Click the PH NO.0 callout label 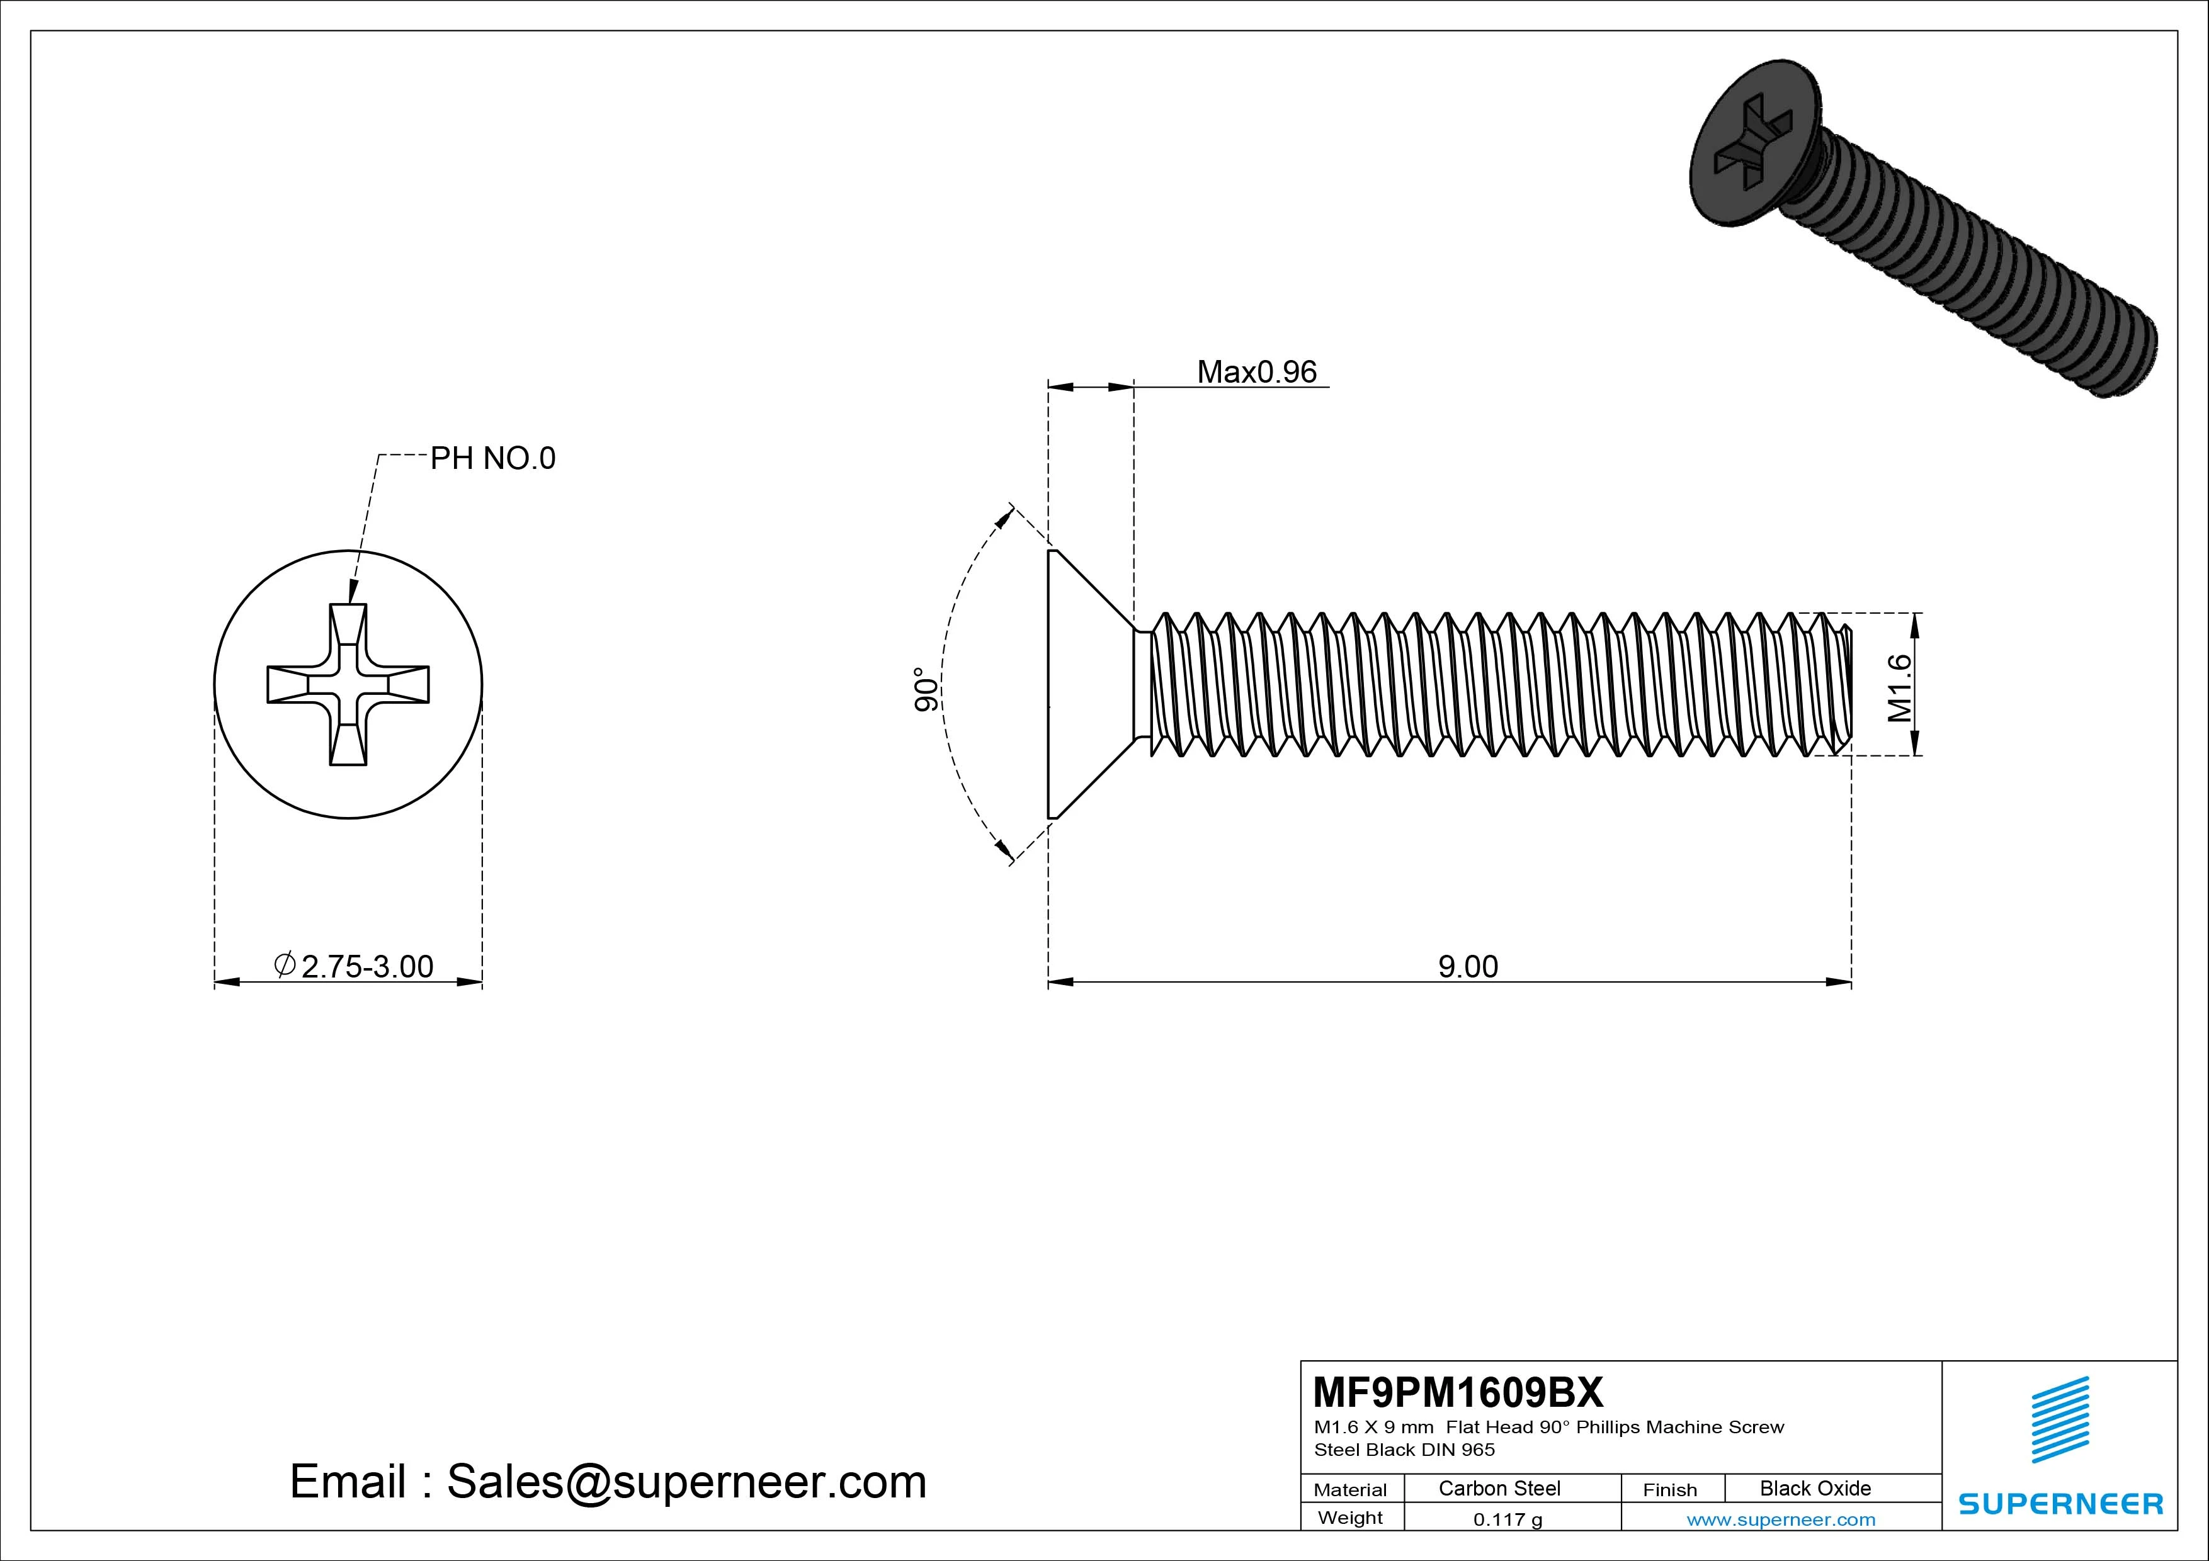point(492,459)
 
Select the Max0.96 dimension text point(1256,372)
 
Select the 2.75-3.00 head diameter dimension point(366,967)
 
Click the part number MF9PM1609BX point(1458,1392)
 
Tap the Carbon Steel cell point(1499,1488)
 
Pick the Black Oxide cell point(1815,1488)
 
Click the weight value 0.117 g point(1508,1519)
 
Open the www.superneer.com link point(1781,1519)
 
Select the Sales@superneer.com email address point(686,1482)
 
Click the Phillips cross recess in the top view point(348,685)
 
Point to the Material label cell point(1350,1490)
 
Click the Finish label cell point(1669,1490)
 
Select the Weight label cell point(1350,1518)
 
